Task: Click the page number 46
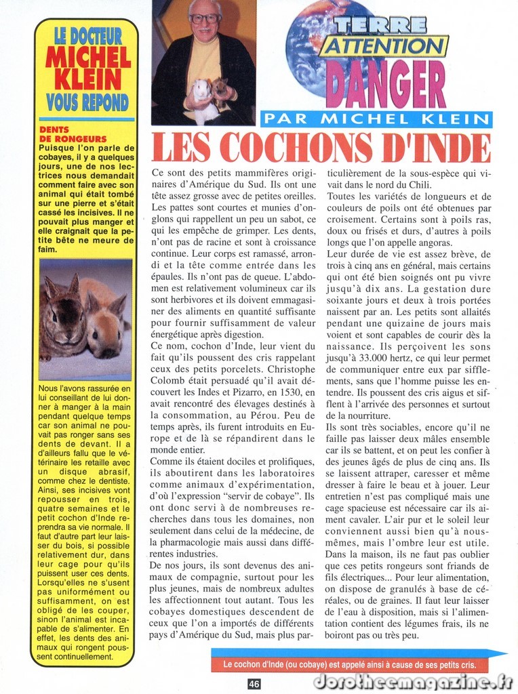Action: tap(254, 684)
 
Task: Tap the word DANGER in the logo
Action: tap(385, 85)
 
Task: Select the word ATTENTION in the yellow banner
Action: tap(384, 46)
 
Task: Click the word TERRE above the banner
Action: tap(380, 25)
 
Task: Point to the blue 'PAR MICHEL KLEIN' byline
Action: tap(376, 119)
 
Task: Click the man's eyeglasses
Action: tap(204, 19)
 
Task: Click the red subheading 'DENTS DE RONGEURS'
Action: tap(68, 134)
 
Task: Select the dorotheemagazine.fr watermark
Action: tap(412, 682)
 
